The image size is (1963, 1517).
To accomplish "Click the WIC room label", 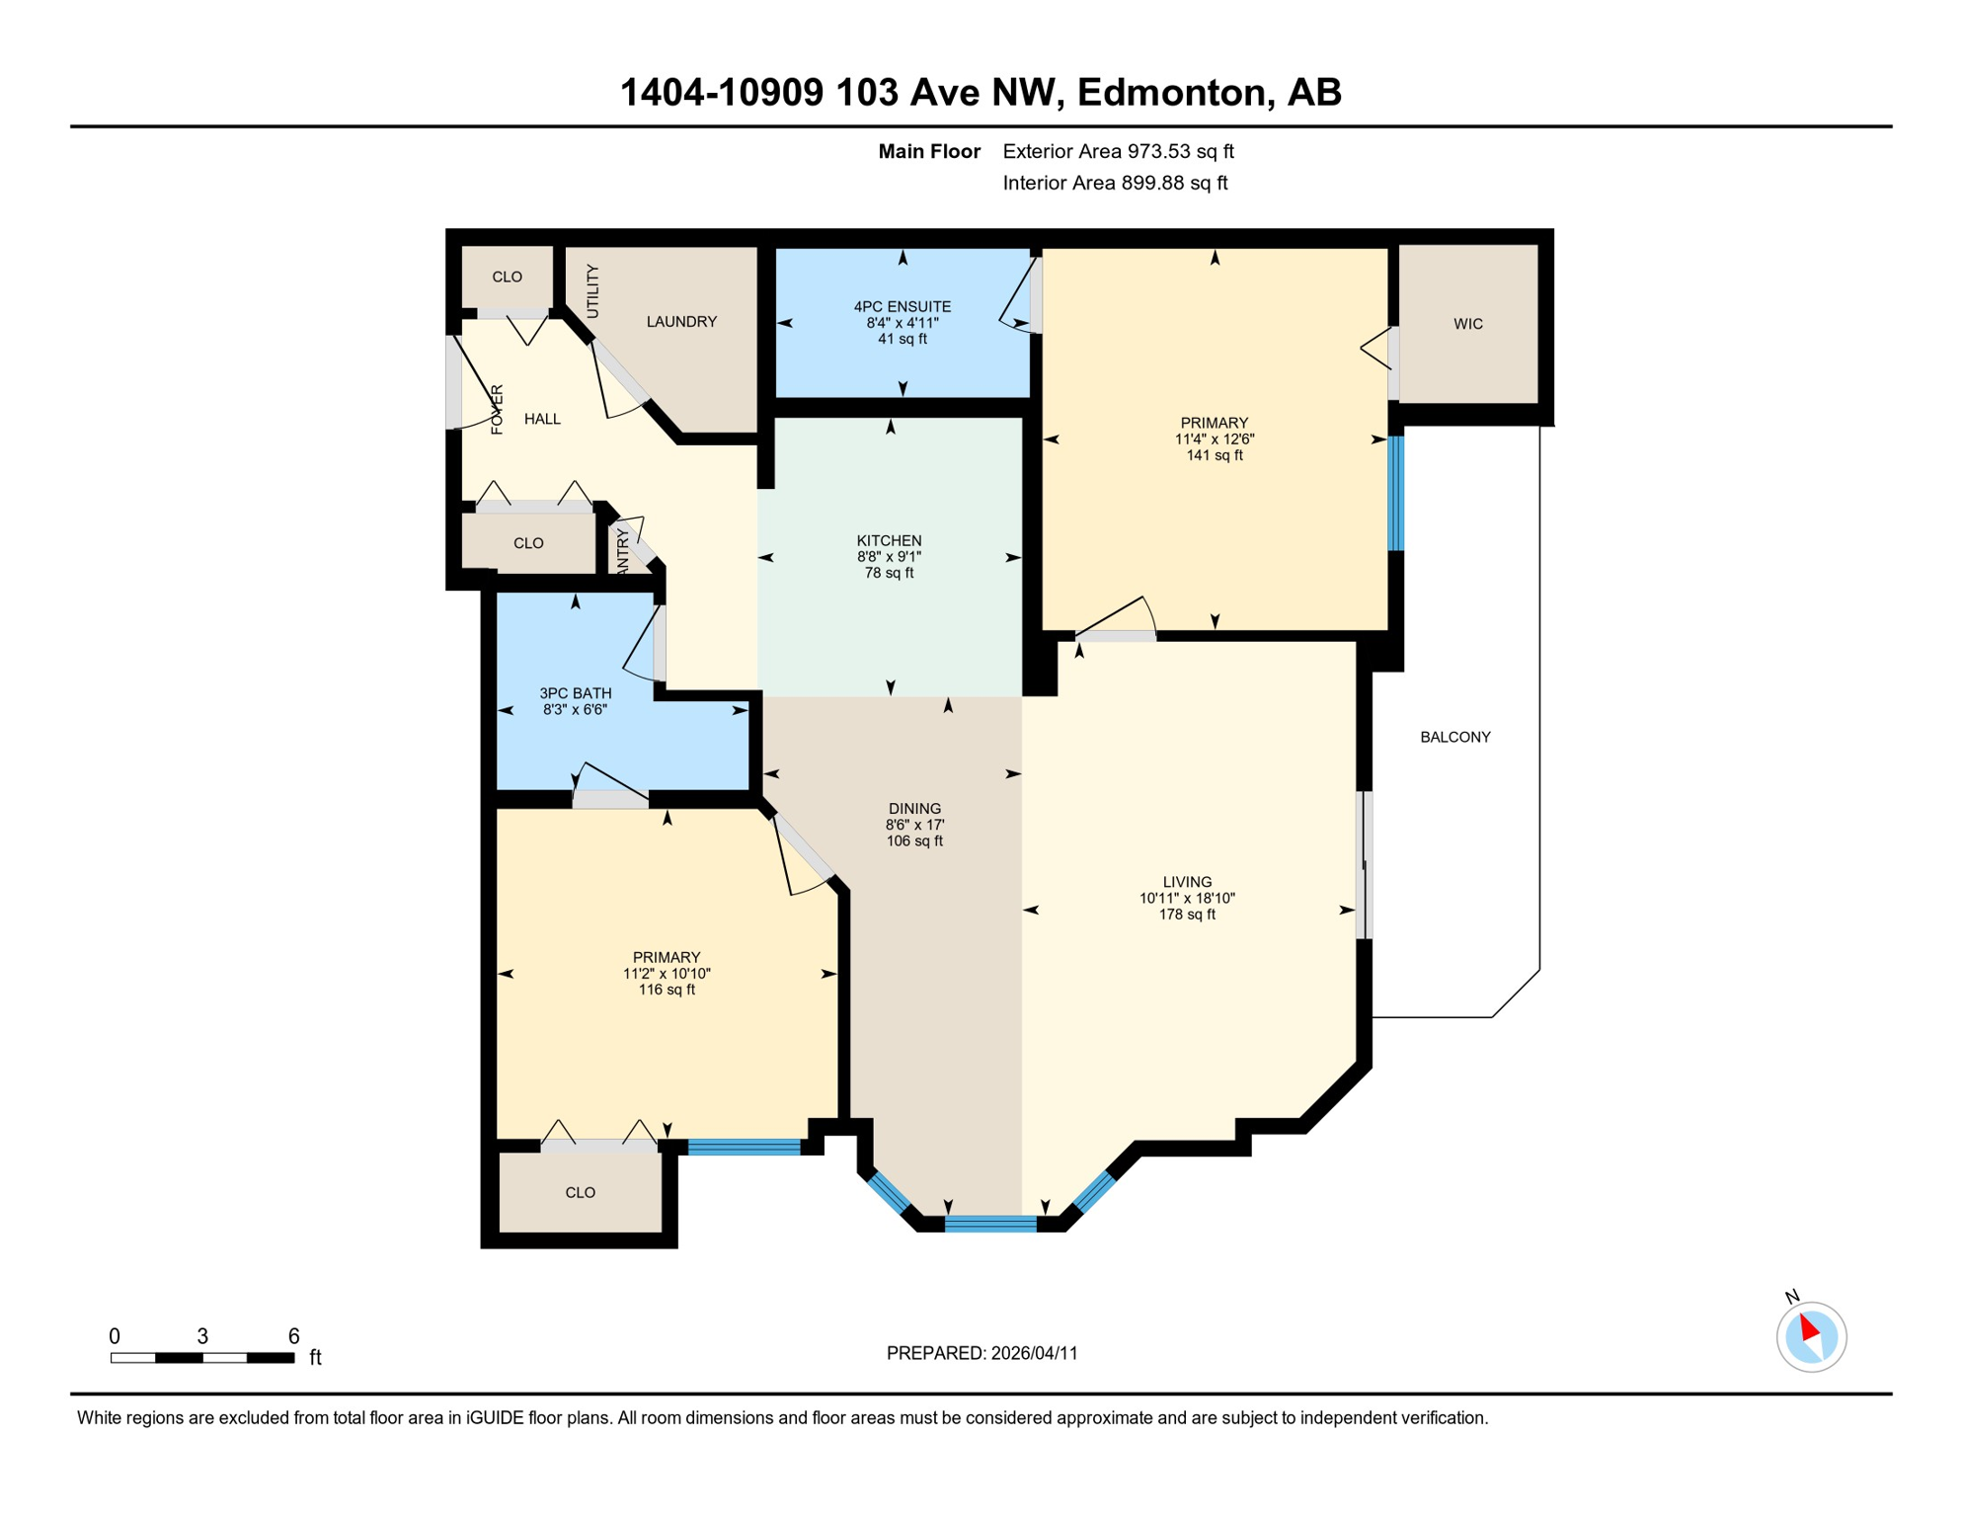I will pyautogui.click(x=1467, y=324).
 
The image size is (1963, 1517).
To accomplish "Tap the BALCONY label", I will pyautogui.click(x=1454, y=737).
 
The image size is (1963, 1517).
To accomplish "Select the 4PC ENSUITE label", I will pyautogui.click(x=902, y=307).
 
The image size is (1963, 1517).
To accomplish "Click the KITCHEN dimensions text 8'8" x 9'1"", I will pyautogui.click(x=889, y=557).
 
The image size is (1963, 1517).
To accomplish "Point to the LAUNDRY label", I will pyautogui.click(x=681, y=322).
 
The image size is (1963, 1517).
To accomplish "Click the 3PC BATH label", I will pyautogui.click(x=575, y=693).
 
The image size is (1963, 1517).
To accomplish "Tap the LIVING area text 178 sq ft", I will pyautogui.click(x=1187, y=915).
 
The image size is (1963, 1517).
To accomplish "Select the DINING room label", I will pyautogui.click(x=914, y=809).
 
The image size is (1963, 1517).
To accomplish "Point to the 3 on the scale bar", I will pyautogui.click(x=202, y=1336).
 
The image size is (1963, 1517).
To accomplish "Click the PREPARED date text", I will pyautogui.click(x=981, y=1353).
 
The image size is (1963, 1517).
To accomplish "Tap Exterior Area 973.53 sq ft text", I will pyautogui.click(x=1118, y=151).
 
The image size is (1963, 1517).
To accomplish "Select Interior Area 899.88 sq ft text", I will pyautogui.click(x=1115, y=183).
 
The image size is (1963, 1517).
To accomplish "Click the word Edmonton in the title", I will pyautogui.click(x=1171, y=93).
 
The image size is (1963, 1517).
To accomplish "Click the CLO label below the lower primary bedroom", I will pyautogui.click(x=580, y=1193).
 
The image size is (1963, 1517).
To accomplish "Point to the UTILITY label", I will pyautogui.click(x=592, y=291).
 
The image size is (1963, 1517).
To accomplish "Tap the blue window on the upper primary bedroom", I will pyautogui.click(x=1396, y=493).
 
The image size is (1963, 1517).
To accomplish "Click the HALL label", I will pyautogui.click(x=542, y=420).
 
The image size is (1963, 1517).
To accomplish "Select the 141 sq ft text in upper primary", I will pyautogui.click(x=1214, y=455).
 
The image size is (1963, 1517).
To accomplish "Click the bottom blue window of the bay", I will pyautogui.click(x=990, y=1225).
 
